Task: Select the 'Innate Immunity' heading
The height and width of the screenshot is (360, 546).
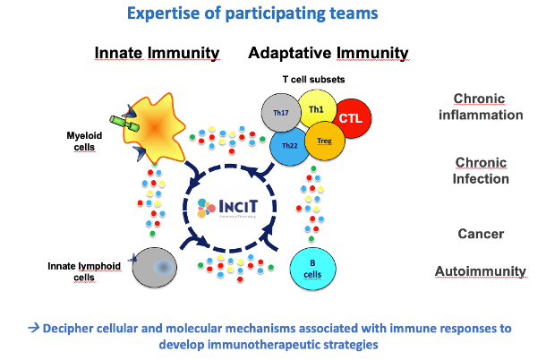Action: point(157,54)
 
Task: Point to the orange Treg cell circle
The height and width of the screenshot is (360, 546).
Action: point(325,140)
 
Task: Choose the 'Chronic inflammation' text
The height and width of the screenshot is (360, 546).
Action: point(487,107)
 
